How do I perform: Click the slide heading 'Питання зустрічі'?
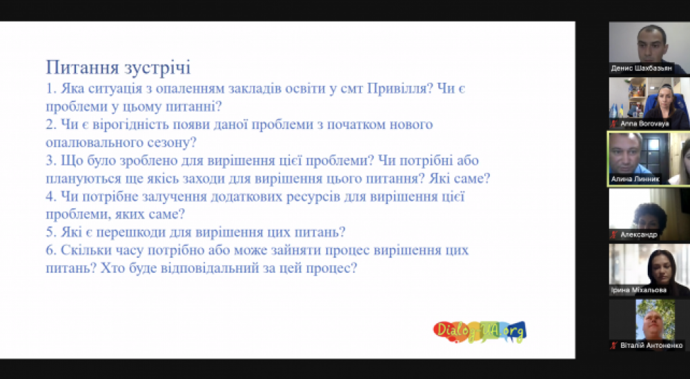(x=118, y=68)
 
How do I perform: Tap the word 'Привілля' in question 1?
(x=397, y=89)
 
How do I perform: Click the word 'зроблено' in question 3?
(x=148, y=161)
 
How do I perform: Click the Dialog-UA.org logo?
(x=480, y=331)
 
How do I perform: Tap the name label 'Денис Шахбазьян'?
(x=641, y=69)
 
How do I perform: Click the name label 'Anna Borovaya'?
(x=644, y=124)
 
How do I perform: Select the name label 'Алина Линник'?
(x=635, y=179)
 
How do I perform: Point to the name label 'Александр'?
(x=638, y=235)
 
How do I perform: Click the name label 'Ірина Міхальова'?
(x=638, y=290)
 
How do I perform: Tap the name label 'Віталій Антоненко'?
(x=651, y=346)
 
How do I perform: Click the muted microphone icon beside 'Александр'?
(x=614, y=235)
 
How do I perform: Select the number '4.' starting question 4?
(x=51, y=197)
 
